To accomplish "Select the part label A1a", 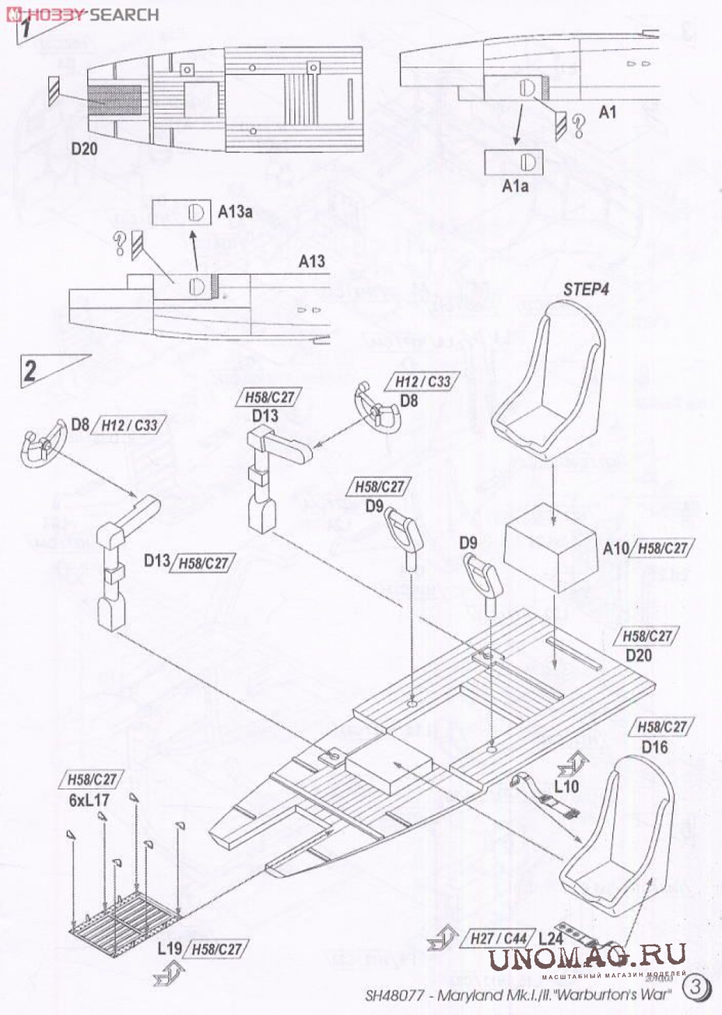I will (x=515, y=186).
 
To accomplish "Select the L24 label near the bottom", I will (x=551, y=939).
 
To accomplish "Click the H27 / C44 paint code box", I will (x=499, y=939).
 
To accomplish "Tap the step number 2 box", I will (x=30, y=370).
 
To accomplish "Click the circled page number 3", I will (x=696, y=986).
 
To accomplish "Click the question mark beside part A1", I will (x=580, y=125).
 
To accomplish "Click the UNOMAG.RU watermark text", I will (x=587, y=956).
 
